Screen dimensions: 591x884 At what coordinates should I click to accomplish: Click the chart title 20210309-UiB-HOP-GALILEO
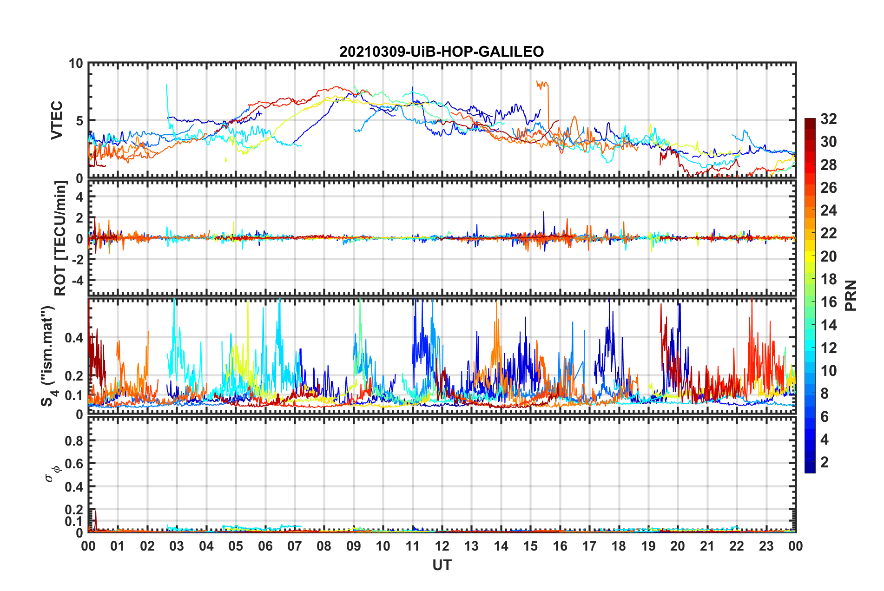pos(441,52)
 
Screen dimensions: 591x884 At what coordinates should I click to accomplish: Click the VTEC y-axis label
pos(57,120)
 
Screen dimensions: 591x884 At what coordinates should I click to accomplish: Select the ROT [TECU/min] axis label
pos(60,238)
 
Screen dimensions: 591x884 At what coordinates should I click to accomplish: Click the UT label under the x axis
pos(442,565)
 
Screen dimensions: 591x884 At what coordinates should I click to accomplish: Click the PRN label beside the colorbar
pos(851,295)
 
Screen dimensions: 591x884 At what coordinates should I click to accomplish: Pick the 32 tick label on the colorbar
pos(828,119)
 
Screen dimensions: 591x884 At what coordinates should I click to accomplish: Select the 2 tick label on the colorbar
pos(825,462)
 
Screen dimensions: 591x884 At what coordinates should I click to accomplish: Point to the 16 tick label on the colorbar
pos(828,302)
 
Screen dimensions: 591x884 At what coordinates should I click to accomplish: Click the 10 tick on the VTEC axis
pos(76,64)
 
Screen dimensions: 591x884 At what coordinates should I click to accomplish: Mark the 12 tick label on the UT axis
pos(442,546)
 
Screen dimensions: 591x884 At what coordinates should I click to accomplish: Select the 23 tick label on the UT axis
pos(766,546)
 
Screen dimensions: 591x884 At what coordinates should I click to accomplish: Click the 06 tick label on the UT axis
pos(265,546)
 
